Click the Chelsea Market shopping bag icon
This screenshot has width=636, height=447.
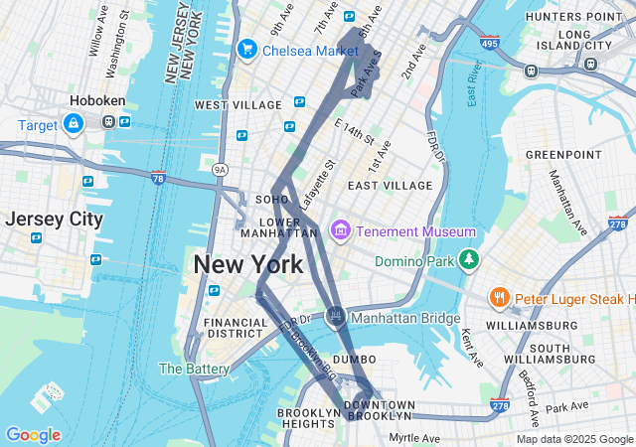pos(246,49)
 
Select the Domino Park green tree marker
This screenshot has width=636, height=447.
pos(468,261)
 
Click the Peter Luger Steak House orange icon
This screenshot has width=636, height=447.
pos(499,298)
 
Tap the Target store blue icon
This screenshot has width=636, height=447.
pos(73,124)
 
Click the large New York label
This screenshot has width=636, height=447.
pos(247,265)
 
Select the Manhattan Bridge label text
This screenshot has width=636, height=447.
pos(406,318)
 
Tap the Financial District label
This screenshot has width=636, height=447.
pos(236,329)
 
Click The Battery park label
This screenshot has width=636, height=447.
pos(194,369)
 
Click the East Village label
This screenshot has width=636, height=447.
pos(390,186)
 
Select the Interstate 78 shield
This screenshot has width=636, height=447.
pos(158,178)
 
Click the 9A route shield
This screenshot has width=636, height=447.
pos(220,170)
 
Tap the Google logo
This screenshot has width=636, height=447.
pos(33,435)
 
